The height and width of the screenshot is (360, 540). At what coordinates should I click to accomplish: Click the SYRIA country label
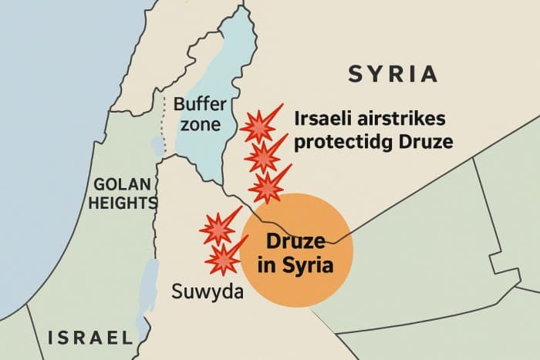tap(393, 75)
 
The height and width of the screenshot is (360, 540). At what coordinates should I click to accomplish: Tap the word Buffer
tap(198, 105)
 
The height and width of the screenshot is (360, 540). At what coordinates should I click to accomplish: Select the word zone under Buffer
tap(198, 124)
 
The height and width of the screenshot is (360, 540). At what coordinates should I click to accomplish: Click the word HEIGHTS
tap(123, 203)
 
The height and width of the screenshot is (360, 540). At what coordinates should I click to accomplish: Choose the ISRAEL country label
tap(91, 337)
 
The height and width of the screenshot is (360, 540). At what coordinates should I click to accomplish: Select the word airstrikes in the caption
tap(407, 119)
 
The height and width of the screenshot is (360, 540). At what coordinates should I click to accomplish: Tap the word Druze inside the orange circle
tap(296, 241)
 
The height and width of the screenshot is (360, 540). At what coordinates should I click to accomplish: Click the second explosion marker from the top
tap(263, 157)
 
